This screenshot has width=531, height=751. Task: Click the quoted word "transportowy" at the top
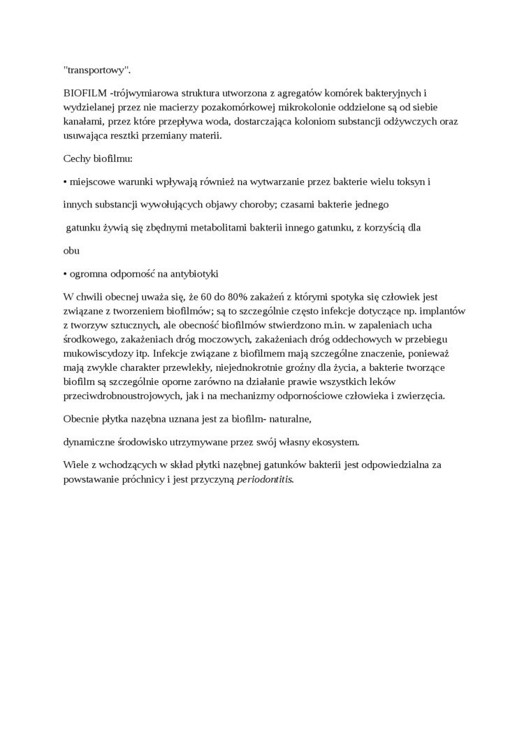[x=96, y=70]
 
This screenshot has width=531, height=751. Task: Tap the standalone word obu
[x=71, y=250]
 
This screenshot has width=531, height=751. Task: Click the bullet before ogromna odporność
[x=65, y=273]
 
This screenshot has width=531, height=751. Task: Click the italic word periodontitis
[x=265, y=479]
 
